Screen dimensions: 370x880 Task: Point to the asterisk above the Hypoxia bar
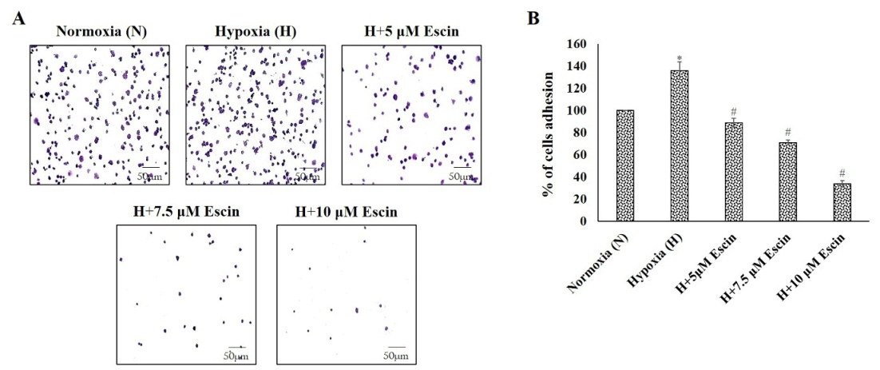click(679, 58)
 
